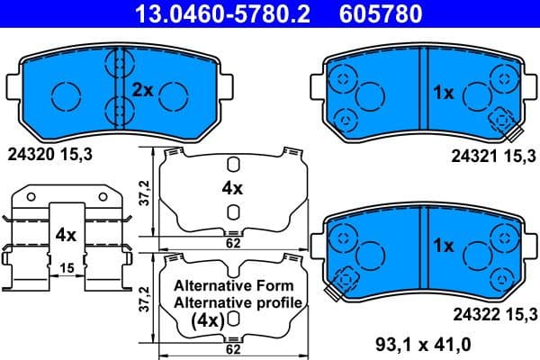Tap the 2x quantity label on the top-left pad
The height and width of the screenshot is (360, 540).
click(144, 90)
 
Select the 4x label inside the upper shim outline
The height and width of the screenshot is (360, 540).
click(232, 188)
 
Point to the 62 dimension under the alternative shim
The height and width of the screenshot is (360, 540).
click(232, 346)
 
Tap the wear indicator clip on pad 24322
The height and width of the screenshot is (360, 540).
click(340, 286)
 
